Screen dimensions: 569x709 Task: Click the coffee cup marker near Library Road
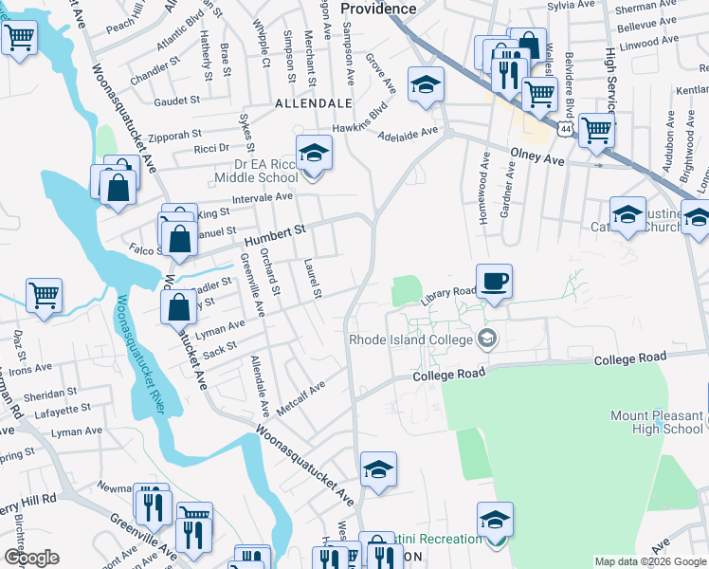[494, 282]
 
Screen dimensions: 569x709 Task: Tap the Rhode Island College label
[414, 339]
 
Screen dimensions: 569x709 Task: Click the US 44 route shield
[565, 126]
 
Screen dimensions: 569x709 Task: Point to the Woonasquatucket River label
[139, 354]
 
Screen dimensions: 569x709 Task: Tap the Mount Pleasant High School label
[657, 422]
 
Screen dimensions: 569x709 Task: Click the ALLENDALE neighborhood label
[313, 102]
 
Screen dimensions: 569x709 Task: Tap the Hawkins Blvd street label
[359, 119]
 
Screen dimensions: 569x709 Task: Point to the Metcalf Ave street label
[301, 396]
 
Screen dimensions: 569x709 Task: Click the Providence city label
[378, 8]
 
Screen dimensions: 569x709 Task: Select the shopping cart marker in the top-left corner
[19, 39]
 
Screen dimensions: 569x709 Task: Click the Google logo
[32, 558]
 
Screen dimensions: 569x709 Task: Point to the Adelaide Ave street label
[409, 134]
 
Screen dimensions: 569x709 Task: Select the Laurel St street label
[313, 277]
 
